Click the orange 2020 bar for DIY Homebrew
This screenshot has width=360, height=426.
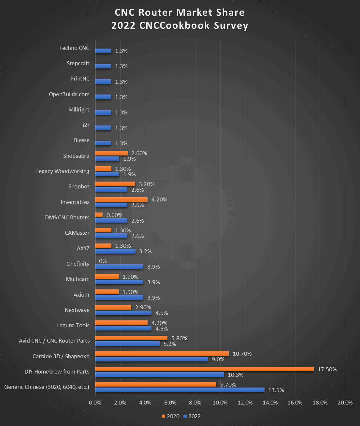tap(204, 369)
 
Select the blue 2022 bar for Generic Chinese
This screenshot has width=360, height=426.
tap(180, 390)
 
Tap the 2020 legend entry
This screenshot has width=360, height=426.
tap(170, 416)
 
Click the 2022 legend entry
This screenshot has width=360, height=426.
tap(192, 416)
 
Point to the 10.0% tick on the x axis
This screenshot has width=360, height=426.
tap(220, 403)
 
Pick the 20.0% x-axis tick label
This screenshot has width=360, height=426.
tap(345, 403)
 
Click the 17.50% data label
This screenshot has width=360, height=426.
tap(327, 369)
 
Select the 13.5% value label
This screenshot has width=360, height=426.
tap(276, 390)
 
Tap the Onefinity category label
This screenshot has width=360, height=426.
tap(78, 264)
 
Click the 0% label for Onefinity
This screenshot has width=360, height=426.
tap(103, 261)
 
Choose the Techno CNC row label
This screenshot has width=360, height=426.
tap(74, 48)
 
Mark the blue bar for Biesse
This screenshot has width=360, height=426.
tap(103, 143)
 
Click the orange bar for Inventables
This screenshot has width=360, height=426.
tap(121, 199)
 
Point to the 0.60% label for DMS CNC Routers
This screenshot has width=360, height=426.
tap(114, 215)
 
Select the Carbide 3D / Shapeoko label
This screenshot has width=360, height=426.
tap(61, 356)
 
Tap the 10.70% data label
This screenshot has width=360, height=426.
tap(242, 354)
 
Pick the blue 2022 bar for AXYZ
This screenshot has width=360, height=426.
tap(115, 251)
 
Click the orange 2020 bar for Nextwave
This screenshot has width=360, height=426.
tap(113, 307)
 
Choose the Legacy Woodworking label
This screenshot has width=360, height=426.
tap(63, 171)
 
